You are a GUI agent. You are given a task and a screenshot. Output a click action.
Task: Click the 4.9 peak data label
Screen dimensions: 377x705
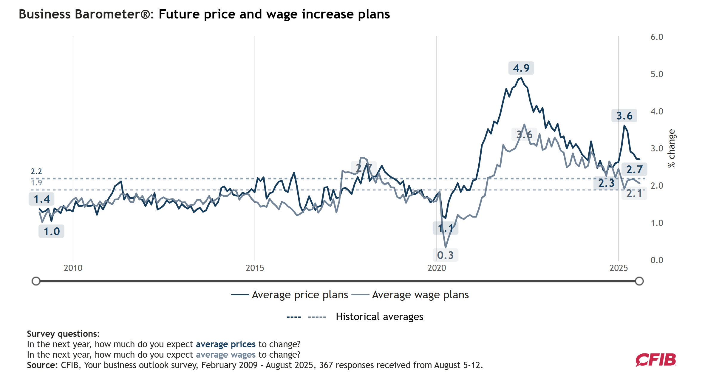point(521,68)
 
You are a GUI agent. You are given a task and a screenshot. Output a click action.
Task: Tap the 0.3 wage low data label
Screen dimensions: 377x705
point(445,255)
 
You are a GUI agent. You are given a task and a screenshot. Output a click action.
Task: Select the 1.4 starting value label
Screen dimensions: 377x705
point(41,199)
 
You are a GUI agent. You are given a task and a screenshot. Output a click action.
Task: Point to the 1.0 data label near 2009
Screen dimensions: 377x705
point(52,231)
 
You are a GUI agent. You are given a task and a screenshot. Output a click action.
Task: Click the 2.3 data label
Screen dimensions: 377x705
point(606,183)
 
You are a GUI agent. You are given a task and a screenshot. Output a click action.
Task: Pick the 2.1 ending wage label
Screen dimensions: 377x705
point(634,193)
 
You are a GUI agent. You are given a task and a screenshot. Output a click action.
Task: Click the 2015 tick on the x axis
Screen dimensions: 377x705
point(255,268)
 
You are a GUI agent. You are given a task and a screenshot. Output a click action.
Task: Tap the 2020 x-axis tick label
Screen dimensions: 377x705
point(437,268)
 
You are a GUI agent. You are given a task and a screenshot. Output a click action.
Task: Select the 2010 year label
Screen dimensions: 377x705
point(73,268)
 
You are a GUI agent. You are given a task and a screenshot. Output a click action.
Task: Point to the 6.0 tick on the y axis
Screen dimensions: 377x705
point(657,37)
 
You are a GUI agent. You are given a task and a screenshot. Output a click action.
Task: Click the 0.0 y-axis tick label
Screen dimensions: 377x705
point(657,260)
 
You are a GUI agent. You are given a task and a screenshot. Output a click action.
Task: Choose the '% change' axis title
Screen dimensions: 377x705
point(671,148)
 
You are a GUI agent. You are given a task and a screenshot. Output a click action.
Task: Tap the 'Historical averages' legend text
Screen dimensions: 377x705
point(379,317)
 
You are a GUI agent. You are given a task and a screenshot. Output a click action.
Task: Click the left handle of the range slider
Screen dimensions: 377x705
point(36,281)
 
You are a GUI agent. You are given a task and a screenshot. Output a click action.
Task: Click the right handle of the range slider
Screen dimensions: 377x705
point(639,281)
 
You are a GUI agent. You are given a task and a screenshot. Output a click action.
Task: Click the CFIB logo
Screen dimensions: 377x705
point(656,360)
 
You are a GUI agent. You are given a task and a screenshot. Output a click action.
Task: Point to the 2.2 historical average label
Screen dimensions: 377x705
point(36,171)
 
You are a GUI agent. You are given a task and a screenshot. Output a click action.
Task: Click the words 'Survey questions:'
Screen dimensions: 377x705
point(63,334)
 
